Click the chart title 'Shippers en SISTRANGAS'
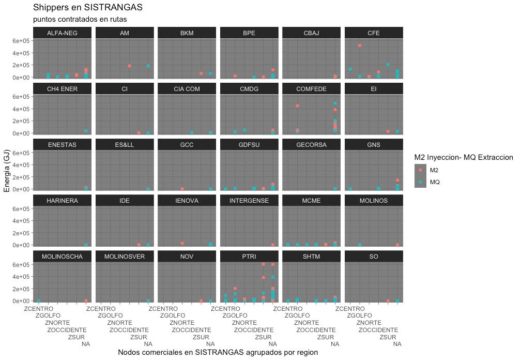coord(88,8)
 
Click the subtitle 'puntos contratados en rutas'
coord(80,19)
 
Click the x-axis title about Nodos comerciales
coord(218,352)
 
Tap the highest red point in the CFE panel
coord(360,46)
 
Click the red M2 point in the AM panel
coord(129,66)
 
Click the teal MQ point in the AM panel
coord(148,66)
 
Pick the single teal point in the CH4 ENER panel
coord(86,131)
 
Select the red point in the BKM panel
coord(201,73)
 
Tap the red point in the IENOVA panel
coord(182,243)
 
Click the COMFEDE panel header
coord(311,89)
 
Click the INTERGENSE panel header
coord(249,201)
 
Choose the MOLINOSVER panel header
coord(125,257)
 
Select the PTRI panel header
coord(249,257)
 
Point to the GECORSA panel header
coord(311,145)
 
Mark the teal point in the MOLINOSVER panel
coord(148,301)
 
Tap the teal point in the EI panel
coord(397,131)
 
